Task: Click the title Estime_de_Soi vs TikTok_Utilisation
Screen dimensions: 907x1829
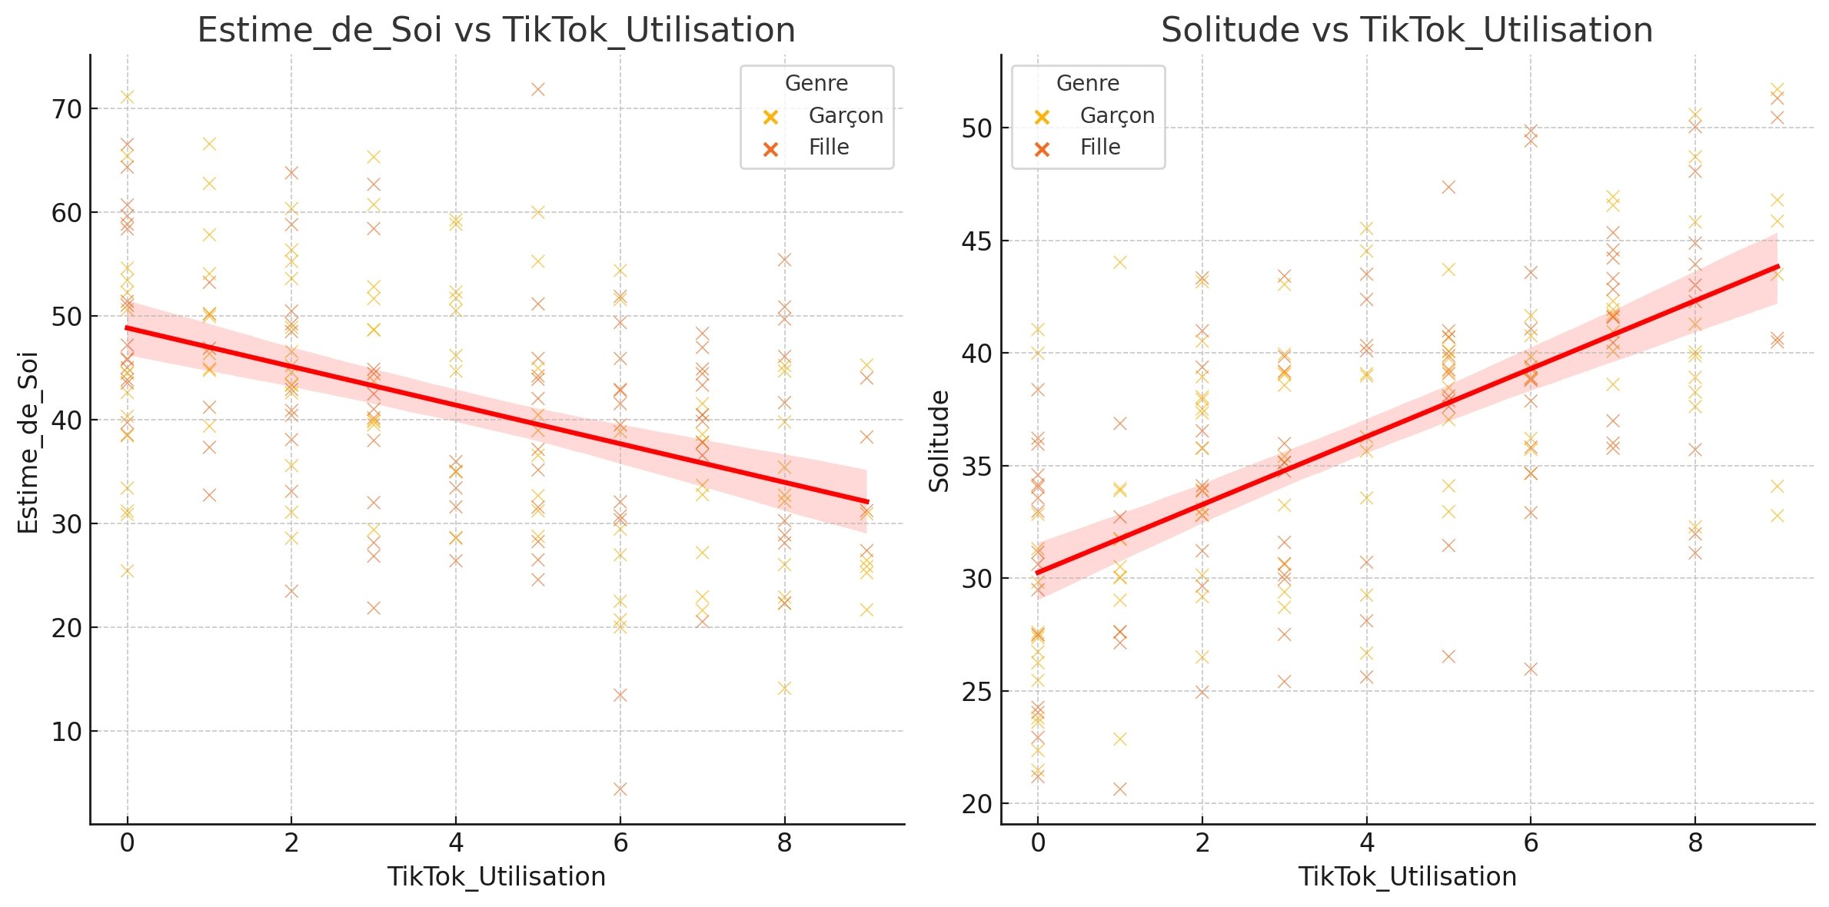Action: pos(496,31)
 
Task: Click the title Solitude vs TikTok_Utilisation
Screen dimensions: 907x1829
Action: pos(1406,31)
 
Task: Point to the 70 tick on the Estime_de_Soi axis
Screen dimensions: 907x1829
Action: pos(67,109)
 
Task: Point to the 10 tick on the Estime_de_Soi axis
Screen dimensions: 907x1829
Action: pos(67,732)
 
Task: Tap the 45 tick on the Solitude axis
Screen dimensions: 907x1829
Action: pos(977,241)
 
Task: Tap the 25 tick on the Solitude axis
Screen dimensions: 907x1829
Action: pos(977,692)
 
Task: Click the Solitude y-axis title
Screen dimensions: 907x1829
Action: pos(939,441)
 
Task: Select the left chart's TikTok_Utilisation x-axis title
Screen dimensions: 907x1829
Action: pos(496,877)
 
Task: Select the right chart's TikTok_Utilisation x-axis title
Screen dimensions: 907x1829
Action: pos(1407,877)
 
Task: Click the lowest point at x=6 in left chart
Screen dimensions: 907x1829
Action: pos(620,789)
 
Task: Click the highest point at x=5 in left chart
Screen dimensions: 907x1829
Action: pos(538,89)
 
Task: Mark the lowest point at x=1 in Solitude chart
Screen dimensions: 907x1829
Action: pos(1120,789)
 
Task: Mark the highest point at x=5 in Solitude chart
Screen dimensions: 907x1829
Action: pos(1448,187)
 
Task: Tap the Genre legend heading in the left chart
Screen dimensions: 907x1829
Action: pos(816,83)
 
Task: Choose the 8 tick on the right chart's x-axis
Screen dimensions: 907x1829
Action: pos(1695,844)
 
